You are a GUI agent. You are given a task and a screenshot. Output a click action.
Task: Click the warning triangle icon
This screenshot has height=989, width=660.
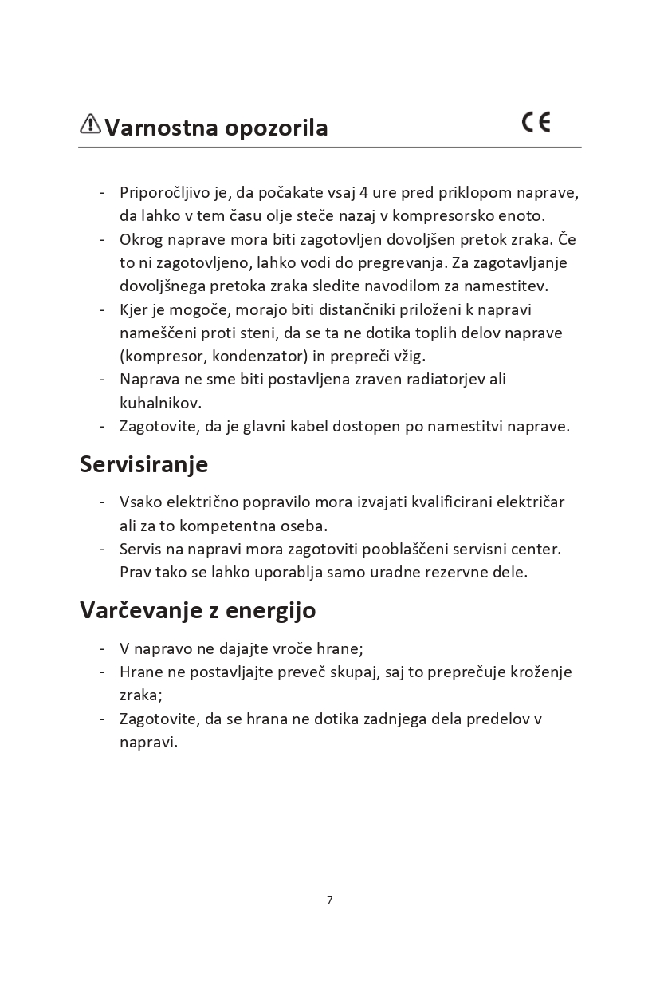coord(90,124)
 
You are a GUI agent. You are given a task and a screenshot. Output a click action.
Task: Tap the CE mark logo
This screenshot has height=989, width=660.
coord(536,122)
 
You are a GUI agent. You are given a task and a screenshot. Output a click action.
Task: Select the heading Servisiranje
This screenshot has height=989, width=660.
coord(143,464)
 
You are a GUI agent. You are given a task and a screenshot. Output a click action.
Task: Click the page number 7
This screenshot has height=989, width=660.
coord(330,900)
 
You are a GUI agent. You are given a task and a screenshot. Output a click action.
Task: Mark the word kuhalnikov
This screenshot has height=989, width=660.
coord(160,402)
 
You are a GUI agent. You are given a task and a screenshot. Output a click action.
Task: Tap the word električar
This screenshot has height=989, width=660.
coord(530,502)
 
